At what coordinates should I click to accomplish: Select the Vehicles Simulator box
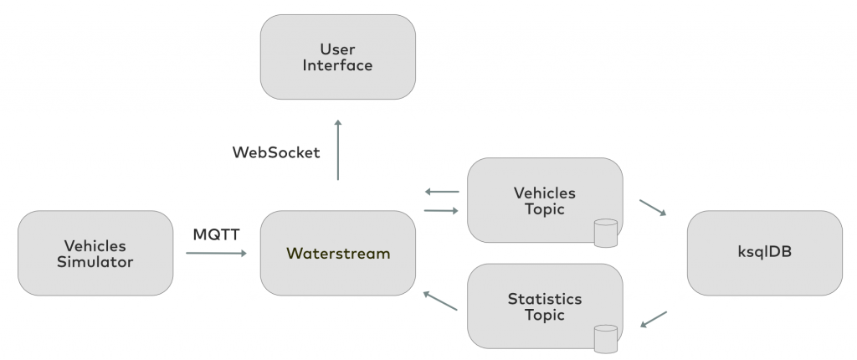(95, 253)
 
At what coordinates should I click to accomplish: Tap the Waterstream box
(338, 253)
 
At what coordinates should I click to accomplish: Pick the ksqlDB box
(764, 253)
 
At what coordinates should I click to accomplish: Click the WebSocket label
(276, 152)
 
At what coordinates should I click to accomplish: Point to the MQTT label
(217, 234)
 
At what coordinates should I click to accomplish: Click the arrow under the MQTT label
(217, 252)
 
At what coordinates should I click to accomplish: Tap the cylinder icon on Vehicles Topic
(604, 233)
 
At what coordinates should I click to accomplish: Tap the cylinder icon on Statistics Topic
(604, 338)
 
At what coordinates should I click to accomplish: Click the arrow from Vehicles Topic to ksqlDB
(654, 208)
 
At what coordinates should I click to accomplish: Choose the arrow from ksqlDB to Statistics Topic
(654, 321)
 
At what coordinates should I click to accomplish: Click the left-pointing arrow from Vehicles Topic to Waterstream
(442, 192)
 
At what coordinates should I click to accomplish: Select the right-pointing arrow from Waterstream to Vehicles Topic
(442, 210)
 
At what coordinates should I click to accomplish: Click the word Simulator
(95, 262)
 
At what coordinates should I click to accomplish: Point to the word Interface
(338, 64)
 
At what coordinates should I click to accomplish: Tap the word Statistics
(544, 298)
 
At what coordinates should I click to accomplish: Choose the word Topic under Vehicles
(544, 209)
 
